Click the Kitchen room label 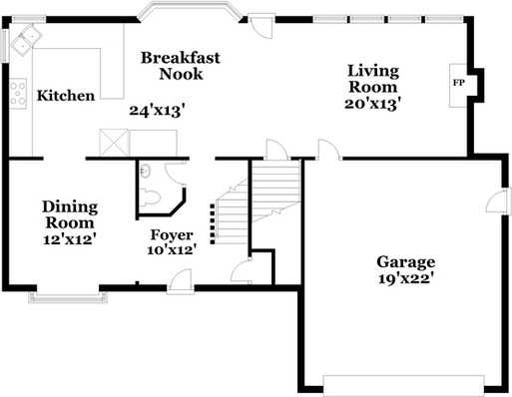pyautogui.click(x=66, y=96)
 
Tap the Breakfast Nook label pyautogui.click(x=180, y=66)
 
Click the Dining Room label pyautogui.click(x=70, y=215)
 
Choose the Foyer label pyautogui.click(x=171, y=235)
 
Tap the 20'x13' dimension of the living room pyautogui.click(x=373, y=102)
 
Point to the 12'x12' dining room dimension pyautogui.click(x=70, y=239)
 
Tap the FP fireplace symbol pyautogui.click(x=459, y=83)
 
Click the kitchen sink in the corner pyautogui.click(x=24, y=39)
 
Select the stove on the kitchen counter pyautogui.click(x=19, y=93)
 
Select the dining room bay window pyautogui.click(x=64, y=294)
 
